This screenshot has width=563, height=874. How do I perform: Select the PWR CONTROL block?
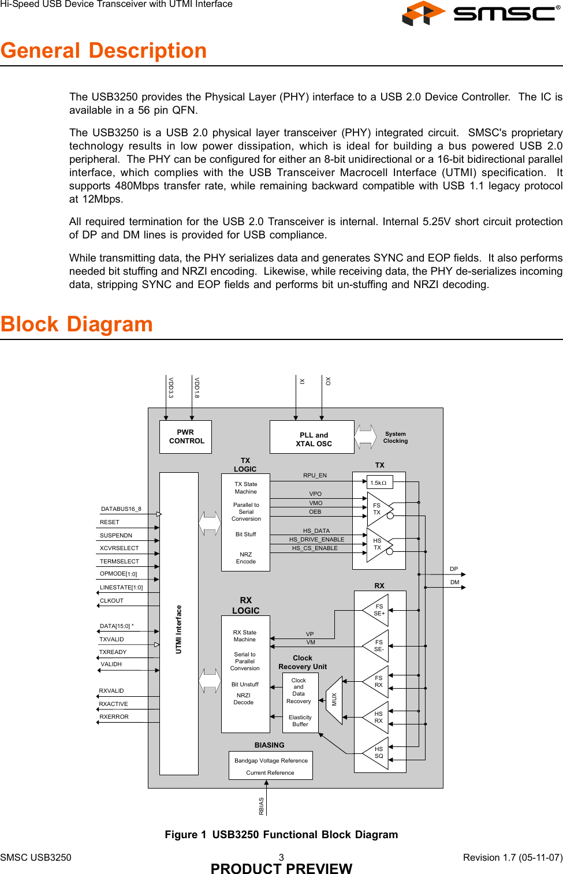[x=185, y=436]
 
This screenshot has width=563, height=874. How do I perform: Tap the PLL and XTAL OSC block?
[x=312, y=437]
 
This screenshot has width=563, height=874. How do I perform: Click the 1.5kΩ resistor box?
[x=379, y=482]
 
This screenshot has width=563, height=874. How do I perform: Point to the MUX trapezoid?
[x=334, y=700]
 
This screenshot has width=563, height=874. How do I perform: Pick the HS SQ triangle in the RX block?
[x=377, y=753]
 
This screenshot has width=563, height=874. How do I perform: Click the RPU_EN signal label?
[x=315, y=476]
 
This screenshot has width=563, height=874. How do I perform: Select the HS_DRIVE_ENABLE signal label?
[x=316, y=539]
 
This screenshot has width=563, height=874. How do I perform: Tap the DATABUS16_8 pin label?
[x=121, y=509]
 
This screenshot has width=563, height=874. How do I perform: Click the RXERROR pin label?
[x=114, y=717]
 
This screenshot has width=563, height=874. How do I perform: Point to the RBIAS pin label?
[x=262, y=806]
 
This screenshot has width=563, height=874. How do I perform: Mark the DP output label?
[x=454, y=569]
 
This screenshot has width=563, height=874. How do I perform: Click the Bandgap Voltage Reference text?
[x=271, y=761]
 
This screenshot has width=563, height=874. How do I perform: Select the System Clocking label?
[x=396, y=438]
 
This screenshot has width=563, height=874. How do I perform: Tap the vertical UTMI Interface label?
[x=179, y=629]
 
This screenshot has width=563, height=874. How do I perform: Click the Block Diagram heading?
[x=77, y=324]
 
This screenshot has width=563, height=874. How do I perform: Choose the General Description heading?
[x=104, y=51]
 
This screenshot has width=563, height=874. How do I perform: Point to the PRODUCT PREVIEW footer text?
[x=281, y=868]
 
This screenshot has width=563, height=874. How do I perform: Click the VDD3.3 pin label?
[x=171, y=387]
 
